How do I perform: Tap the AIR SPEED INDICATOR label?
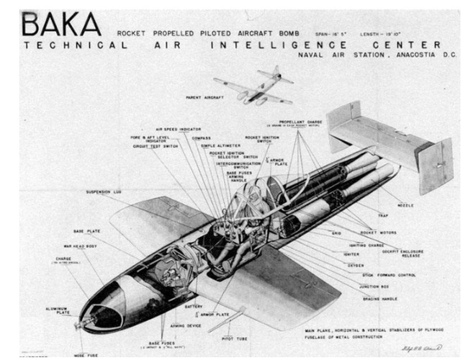[x=176, y=130]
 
